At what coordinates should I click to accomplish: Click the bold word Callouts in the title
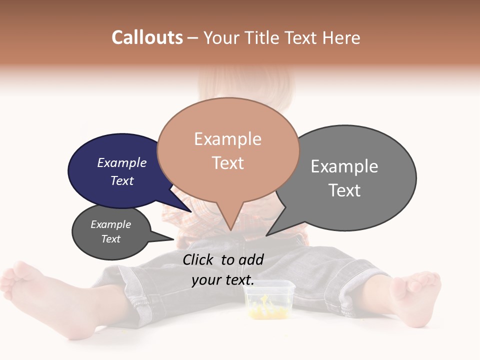click(x=147, y=37)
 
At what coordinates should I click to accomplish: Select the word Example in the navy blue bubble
click(x=121, y=162)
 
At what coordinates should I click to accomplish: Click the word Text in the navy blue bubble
click(x=121, y=180)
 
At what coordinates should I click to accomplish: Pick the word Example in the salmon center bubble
click(x=227, y=139)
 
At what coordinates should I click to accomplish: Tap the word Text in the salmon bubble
click(x=227, y=163)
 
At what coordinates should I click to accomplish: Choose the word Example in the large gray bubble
click(x=344, y=166)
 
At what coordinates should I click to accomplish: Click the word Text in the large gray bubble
click(x=344, y=190)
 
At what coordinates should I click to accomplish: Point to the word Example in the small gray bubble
click(x=110, y=224)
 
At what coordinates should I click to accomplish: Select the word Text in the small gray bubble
click(x=110, y=239)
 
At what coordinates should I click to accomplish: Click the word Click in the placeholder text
click(x=199, y=259)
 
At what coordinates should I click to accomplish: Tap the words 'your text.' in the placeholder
click(x=222, y=280)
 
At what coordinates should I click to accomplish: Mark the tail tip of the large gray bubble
click(x=266, y=235)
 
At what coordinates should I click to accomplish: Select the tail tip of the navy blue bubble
click(x=191, y=211)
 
